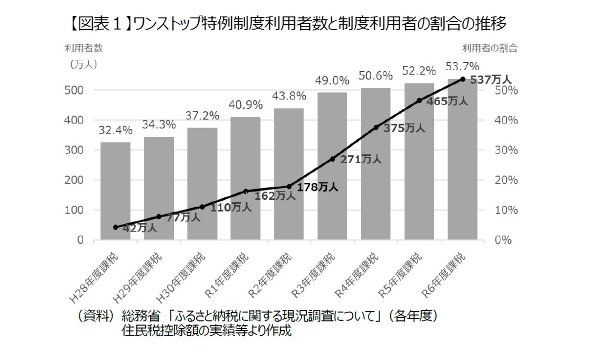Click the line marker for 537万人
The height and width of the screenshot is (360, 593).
click(463, 79)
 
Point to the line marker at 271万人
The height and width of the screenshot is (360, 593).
click(332, 159)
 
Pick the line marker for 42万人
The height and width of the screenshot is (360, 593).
click(116, 227)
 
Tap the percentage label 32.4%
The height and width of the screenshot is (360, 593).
click(116, 131)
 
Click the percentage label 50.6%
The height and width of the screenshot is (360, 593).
click(376, 76)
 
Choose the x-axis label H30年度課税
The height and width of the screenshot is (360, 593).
click(183, 276)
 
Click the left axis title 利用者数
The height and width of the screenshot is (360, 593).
click(84, 48)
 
